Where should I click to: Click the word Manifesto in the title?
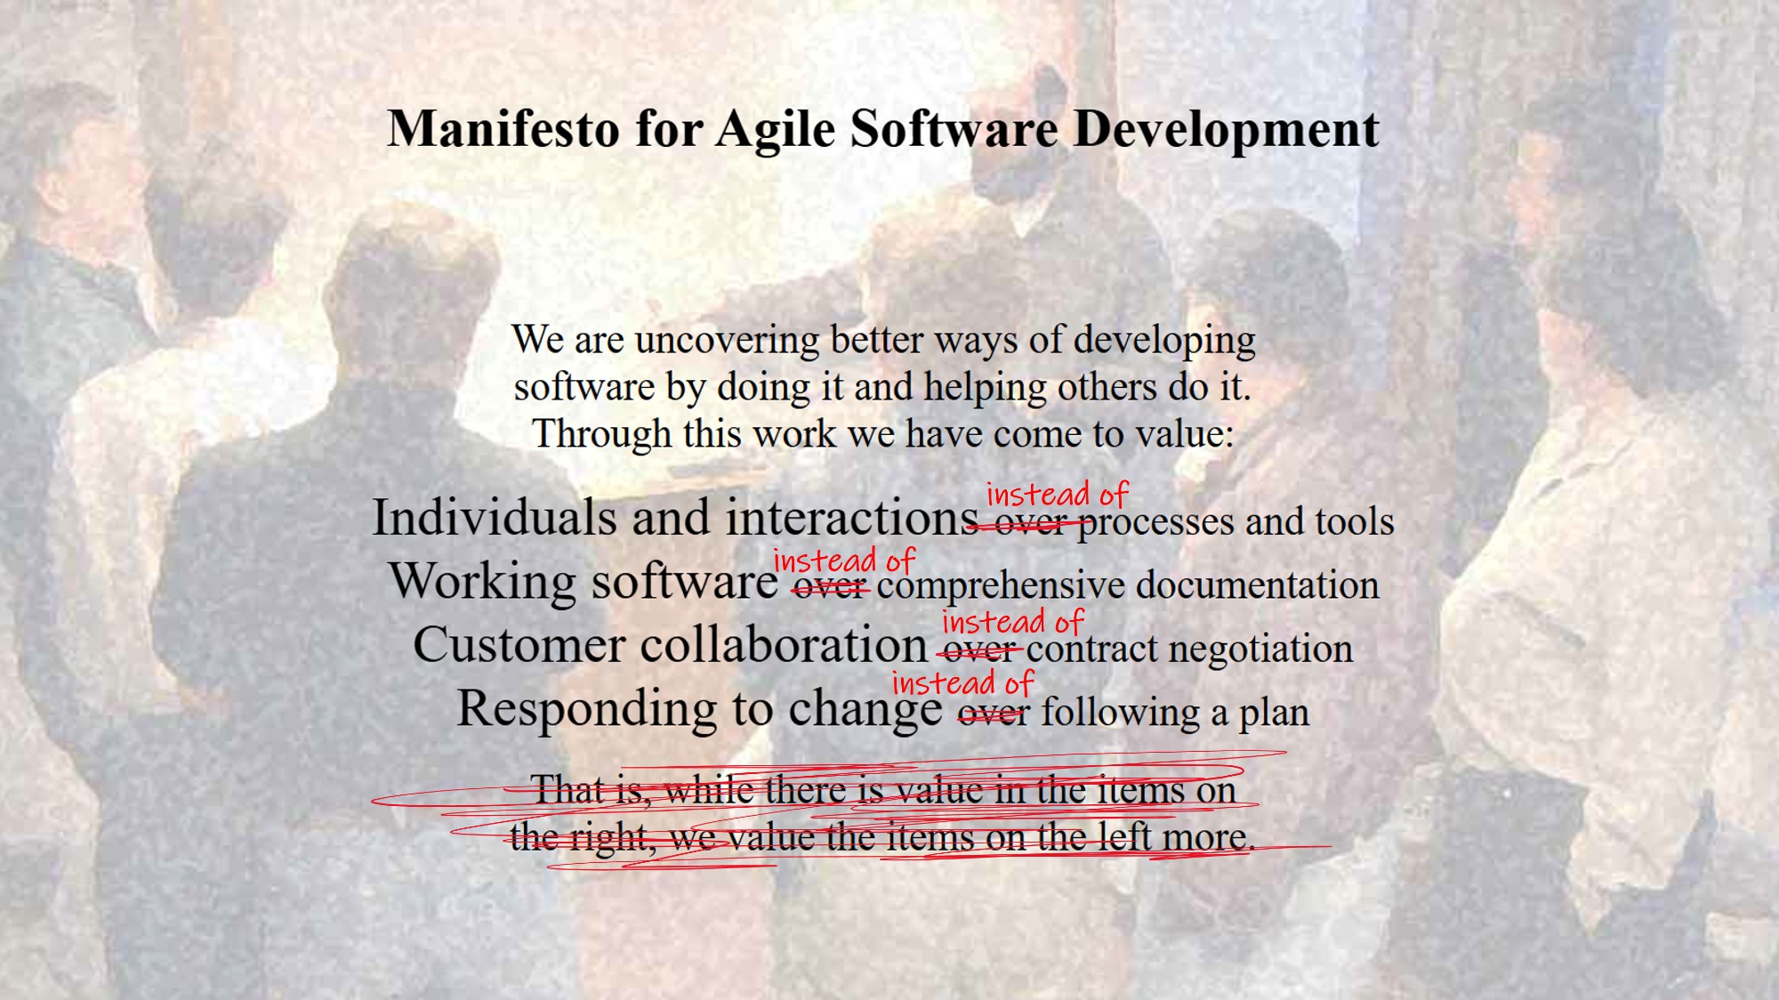point(504,128)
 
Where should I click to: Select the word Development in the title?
point(1227,130)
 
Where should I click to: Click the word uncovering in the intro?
point(727,341)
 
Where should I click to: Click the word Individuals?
point(494,517)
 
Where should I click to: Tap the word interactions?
point(852,517)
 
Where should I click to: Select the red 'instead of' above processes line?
point(1057,494)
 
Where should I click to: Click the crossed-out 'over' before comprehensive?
point(830,587)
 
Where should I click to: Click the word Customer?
point(519,644)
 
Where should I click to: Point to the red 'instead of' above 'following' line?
point(962,683)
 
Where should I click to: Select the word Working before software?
point(483,582)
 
